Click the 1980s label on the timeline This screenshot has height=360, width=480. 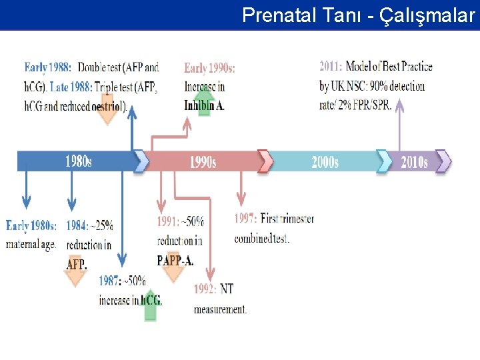(x=78, y=161)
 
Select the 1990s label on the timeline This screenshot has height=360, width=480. (x=203, y=161)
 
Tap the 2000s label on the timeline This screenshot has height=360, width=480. (x=325, y=161)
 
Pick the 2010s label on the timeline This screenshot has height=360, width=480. (x=413, y=161)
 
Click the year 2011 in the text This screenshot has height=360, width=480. (x=331, y=67)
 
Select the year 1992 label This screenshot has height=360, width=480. (x=205, y=289)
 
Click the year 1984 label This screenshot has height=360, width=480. (x=77, y=225)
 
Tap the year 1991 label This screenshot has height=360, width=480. (x=167, y=221)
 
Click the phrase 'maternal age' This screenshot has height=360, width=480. (x=30, y=245)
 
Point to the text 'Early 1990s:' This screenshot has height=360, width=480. (x=209, y=68)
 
